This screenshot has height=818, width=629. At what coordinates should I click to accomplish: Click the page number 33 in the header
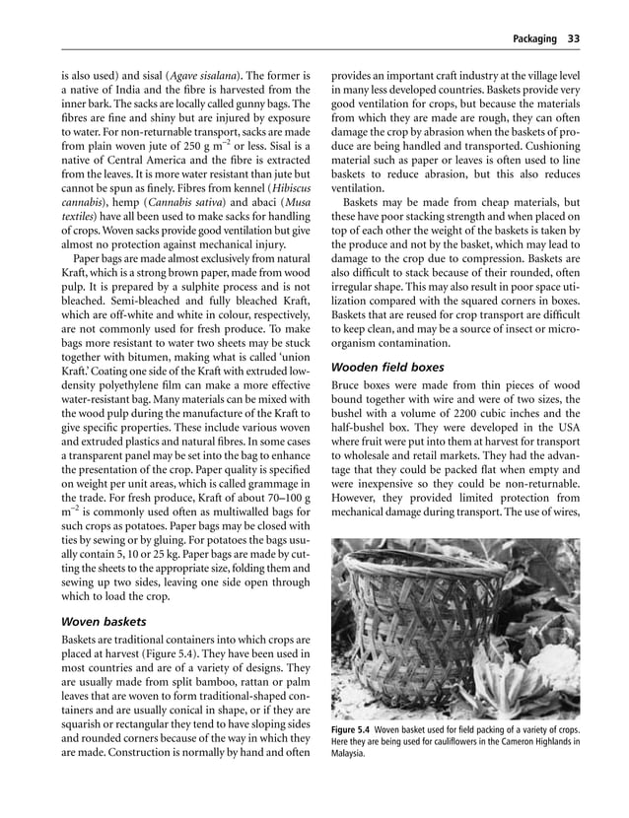pos(572,39)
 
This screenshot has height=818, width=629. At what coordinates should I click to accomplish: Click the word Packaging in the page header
pos(533,39)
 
